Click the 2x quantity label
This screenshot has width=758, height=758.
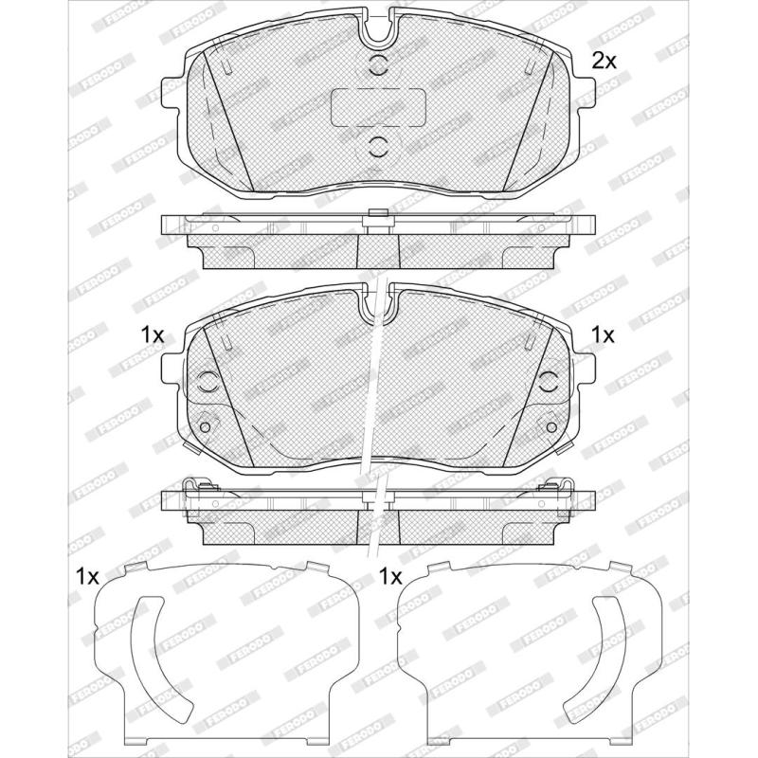coord(605,61)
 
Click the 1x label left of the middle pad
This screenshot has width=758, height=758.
coord(153,335)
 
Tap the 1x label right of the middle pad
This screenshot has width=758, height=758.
coord(603,334)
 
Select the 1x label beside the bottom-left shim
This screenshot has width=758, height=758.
coord(87,576)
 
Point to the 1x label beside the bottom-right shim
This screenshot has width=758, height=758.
coord(390,576)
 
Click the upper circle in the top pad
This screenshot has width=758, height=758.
coord(378,64)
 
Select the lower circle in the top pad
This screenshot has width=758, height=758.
coord(378,146)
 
